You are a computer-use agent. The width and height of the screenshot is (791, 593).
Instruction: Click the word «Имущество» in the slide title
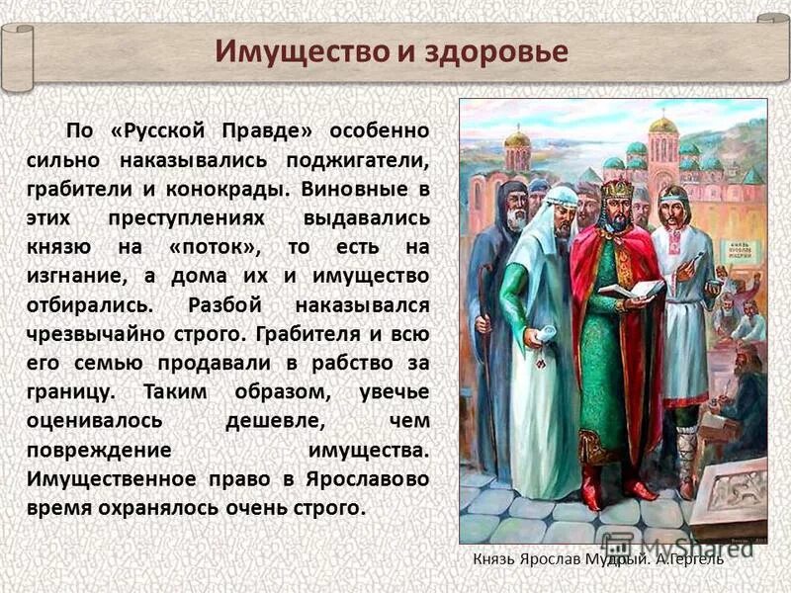click(303, 51)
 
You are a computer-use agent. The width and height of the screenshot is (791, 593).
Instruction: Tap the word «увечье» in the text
click(395, 391)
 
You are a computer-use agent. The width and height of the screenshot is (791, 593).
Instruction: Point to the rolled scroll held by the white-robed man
click(535, 338)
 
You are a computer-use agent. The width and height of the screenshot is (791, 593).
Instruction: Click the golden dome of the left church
click(517, 138)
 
